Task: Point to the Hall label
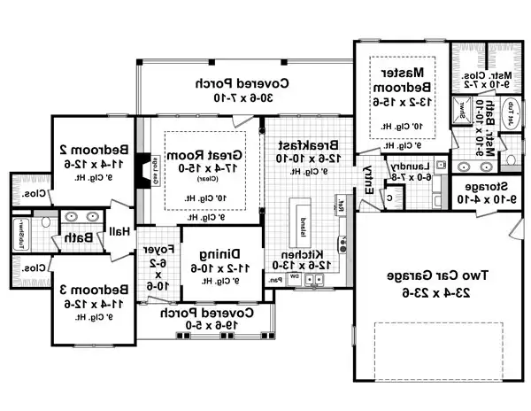coord(120,231)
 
